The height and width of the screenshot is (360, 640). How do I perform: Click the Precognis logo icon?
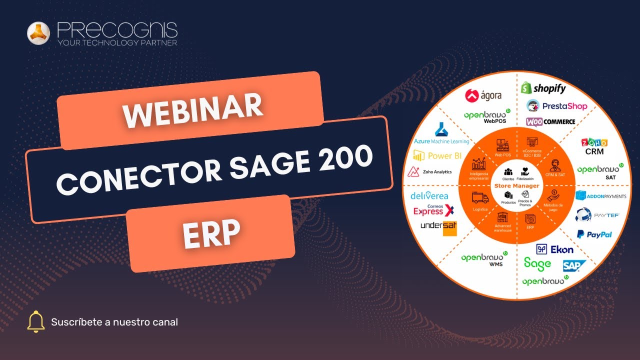click(38, 33)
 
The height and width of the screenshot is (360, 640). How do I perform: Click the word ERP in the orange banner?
click(211, 234)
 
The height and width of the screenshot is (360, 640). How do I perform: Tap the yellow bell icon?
click(36, 321)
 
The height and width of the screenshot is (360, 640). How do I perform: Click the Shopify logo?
click(543, 88)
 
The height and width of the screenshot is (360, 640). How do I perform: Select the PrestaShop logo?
click(556, 106)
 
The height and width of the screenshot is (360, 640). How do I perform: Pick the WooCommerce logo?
click(550, 121)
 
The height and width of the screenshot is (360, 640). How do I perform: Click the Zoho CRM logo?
click(594, 146)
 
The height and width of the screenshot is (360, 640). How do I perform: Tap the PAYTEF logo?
click(597, 215)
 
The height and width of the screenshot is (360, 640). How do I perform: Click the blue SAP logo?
click(570, 265)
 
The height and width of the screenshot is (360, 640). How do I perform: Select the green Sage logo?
click(537, 263)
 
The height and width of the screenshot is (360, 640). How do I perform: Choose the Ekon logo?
click(554, 249)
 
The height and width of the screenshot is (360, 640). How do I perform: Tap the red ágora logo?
click(483, 95)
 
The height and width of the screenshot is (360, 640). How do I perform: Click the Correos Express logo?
click(433, 210)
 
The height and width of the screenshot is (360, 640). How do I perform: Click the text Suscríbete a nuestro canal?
click(114, 322)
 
